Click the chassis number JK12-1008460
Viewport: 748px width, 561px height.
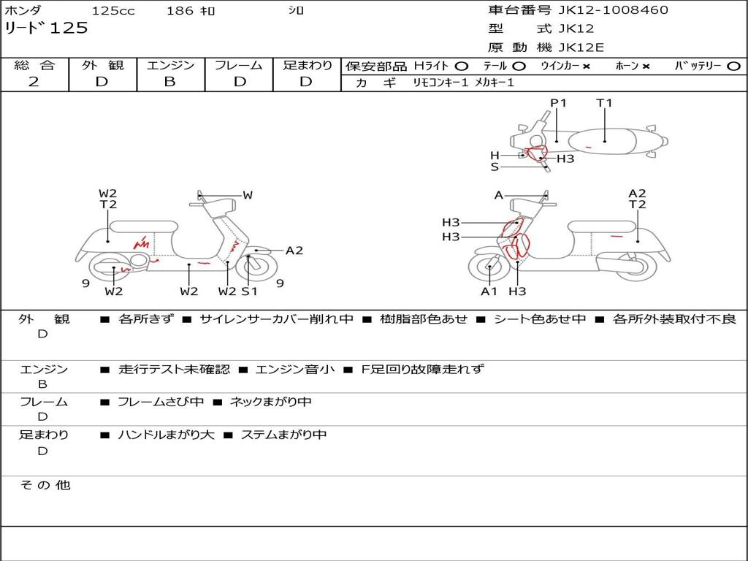pyautogui.click(x=613, y=10)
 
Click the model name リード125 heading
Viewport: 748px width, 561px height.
pyautogui.click(x=46, y=28)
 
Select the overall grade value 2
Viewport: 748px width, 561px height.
pyautogui.click(x=34, y=82)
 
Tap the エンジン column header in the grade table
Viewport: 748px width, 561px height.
pyautogui.click(x=170, y=65)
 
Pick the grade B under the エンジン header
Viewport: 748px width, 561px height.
pyautogui.click(x=169, y=82)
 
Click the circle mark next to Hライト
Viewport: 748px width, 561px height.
pyautogui.click(x=461, y=66)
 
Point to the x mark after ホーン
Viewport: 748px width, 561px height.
pyautogui.click(x=646, y=66)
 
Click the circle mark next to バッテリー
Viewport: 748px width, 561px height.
pyautogui.click(x=733, y=66)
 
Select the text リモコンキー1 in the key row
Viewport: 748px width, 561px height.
pyautogui.click(x=440, y=83)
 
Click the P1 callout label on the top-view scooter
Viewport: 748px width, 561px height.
pyautogui.click(x=558, y=102)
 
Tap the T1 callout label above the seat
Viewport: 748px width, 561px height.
pyautogui.click(x=604, y=102)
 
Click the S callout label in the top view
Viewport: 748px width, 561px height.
pyautogui.click(x=495, y=167)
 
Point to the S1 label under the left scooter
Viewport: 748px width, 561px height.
pyautogui.click(x=249, y=291)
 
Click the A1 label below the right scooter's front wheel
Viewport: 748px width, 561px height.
pyautogui.click(x=489, y=291)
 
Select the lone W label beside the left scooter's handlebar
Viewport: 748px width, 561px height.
pyautogui.click(x=248, y=194)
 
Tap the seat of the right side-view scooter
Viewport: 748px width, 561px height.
pyautogui.click(x=602, y=226)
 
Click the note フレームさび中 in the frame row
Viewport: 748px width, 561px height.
pyautogui.click(x=161, y=402)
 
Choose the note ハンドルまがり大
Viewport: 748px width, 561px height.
pyautogui.click(x=166, y=435)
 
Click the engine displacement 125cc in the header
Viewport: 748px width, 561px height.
pyautogui.click(x=113, y=10)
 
